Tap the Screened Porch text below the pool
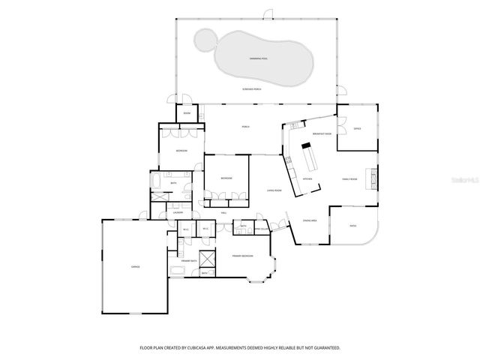(251, 89)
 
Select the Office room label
(357, 129)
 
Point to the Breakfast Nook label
(311, 132)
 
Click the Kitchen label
(307, 179)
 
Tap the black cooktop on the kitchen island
(306, 146)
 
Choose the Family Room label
(349, 179)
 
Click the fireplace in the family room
(370, 178)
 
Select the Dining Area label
(308, 220)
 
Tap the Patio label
(353, 226)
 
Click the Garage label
(136, 266)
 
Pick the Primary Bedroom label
(242, 256)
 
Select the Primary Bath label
(189, 260)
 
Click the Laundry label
(178, 213)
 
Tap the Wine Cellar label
(262, 229)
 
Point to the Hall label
(223, 213)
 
